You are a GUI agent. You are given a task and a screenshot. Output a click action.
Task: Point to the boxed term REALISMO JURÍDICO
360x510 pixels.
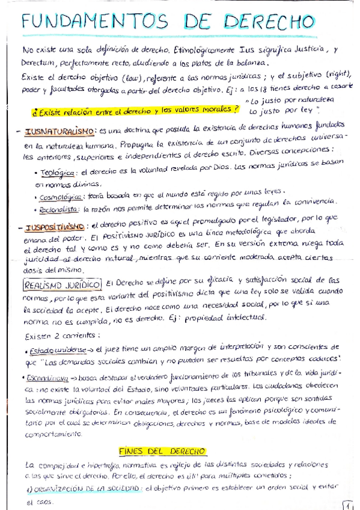point(61,283)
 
